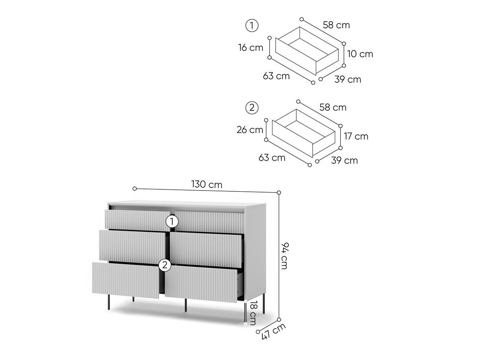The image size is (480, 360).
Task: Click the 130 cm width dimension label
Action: (x=207, y=184)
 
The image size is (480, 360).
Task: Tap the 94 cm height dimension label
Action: (x=284, y=255)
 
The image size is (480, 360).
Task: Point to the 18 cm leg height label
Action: (x=253, y=313)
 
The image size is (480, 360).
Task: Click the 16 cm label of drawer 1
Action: (x=251, y=48)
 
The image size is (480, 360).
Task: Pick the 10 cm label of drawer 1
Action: (x=360, y=54)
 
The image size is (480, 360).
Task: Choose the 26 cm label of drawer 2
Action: (x=250, y=130)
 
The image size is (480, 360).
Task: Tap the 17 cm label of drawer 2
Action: (x=356, y=136)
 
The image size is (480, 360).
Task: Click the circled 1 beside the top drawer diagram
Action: (x=252, y=25)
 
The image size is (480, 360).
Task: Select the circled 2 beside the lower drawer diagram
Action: (x=252, y=108)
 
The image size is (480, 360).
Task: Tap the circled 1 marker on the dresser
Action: (x=172, y=222)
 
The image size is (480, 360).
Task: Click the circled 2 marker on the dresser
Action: (x=165, y=265)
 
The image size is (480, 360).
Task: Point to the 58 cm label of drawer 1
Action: (x=336, y=25)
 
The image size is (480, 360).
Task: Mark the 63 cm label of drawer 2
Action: (x=272, y=158)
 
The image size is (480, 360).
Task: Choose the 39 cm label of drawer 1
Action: (x=348, y=80)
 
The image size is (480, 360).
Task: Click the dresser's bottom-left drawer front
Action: (x=126, y=280)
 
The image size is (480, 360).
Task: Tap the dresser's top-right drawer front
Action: (x=209, y=222)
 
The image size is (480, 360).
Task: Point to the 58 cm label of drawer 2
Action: (x=333, y=107)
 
